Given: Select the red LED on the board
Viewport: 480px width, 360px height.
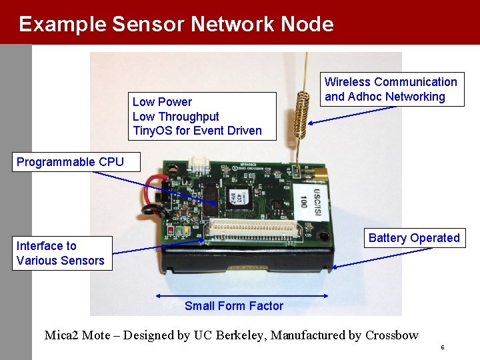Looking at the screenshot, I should coord(171,231).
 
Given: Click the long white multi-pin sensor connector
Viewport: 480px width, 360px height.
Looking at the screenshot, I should coord(253,229).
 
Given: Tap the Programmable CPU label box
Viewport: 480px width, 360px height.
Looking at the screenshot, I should coord(70,162).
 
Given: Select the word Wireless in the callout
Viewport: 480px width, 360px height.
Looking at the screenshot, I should coord(347,82).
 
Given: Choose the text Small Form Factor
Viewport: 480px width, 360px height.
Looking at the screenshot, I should coord(234,306).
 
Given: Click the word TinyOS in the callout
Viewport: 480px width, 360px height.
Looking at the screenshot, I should coord(151,131).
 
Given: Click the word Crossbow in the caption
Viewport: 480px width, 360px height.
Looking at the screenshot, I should coord(392,335).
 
